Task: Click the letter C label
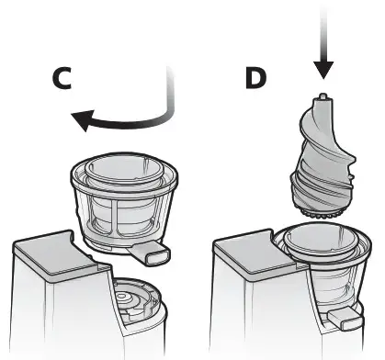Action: [x=60, y=80]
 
